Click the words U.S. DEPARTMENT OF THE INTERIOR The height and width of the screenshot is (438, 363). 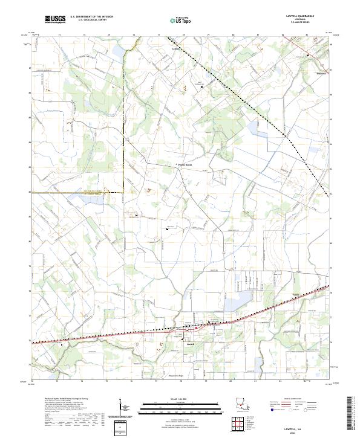(91, 17)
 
